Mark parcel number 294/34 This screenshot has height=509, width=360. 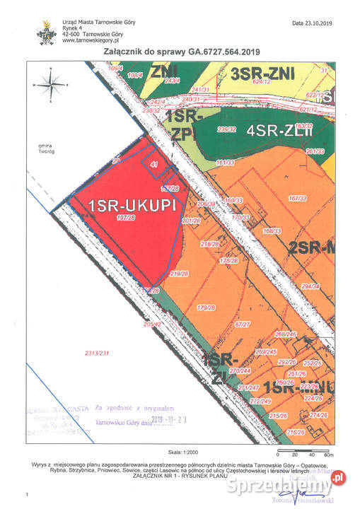pyautogui.click(x=310, y=286)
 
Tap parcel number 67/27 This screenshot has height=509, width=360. pyautogui.click(x=243, y=324)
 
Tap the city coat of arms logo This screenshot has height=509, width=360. pyautogui.click(x=48, y=32)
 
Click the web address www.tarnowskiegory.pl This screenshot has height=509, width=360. pyautogui.click(x=89, y=40)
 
